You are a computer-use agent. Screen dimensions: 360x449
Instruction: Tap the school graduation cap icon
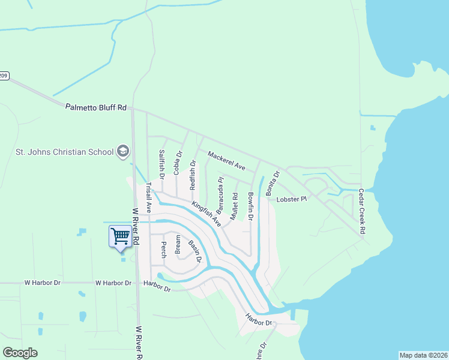click(124, 151)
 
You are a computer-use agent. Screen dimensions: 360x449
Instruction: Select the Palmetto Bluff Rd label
click(96, 107)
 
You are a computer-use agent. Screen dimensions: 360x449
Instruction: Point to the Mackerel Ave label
click(227, 160)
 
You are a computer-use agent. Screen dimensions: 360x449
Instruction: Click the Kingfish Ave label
click(206, 213)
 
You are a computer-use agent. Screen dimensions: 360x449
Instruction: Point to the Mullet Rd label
click(235, 204)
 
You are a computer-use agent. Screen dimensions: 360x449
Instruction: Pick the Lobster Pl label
click(291, 199)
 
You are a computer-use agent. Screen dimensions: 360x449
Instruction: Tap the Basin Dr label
click(194, 251)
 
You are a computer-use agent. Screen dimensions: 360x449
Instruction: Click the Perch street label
click(163, 249)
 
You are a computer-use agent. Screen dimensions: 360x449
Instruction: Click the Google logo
click(20, 353)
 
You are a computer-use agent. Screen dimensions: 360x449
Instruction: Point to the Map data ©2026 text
click(423, 355)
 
